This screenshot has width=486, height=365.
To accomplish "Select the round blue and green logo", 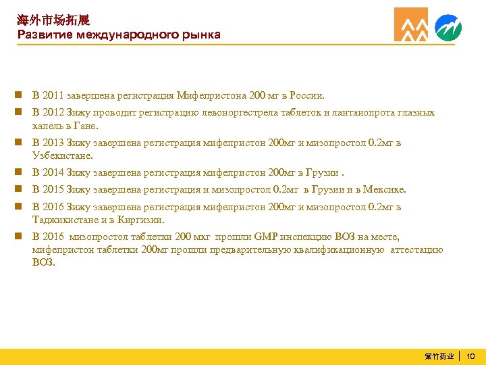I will [x=448, y=28].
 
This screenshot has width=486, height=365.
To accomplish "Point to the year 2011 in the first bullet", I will [x=54, y=96].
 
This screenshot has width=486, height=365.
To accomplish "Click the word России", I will [x=306, y=96].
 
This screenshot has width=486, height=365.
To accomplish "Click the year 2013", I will [x=54, y=143].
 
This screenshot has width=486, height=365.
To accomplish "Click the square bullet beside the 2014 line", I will [x=22, y=173].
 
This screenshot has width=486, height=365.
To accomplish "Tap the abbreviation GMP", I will [x=264, y=237].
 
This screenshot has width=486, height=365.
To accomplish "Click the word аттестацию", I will [x=416, y=249].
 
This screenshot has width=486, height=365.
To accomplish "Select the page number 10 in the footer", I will [x=471, y=356].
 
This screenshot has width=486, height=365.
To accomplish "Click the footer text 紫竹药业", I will [x=439, y=356].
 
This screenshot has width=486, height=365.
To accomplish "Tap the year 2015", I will [x=54, y=190].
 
